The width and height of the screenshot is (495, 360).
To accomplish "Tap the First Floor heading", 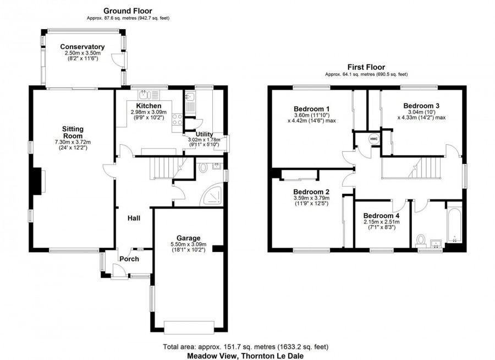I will click(x=366, y=66).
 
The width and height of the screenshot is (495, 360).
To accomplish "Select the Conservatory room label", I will click(x=82, y=47).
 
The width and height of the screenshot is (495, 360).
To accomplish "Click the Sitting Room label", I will click(x=72, y=133).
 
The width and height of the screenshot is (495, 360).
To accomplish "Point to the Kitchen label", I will click(x=149, y=106).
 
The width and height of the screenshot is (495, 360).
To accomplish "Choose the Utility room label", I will click(x=201, y=134).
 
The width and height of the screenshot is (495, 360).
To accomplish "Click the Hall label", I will click(x=134, y=219).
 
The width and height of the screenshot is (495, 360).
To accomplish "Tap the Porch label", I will click(x=129, y=259).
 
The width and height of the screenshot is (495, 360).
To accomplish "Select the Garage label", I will click(x=188, y=238).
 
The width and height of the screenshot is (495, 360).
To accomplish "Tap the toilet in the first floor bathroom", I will click(x=421, y=241).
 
